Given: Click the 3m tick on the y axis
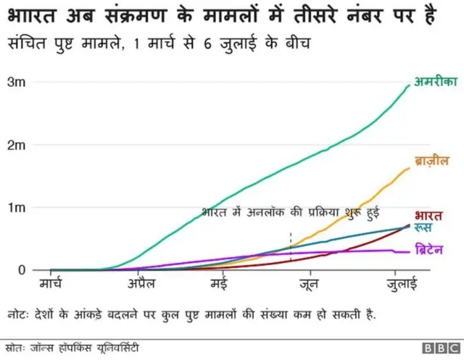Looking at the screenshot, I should (x=17, y=83).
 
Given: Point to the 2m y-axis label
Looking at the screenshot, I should (x=17, y=146).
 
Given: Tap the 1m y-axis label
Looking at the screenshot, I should (x=17, y=208).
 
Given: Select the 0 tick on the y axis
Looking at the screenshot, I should (x=21, y=270).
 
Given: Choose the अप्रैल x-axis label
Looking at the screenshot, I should (x=141, y=283).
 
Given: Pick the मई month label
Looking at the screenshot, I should (x=220, y=283).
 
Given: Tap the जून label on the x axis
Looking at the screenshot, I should (x=310, y=283).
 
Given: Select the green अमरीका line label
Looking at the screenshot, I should (x=435, y=82).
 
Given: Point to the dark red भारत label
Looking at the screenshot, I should (x=428, y=215).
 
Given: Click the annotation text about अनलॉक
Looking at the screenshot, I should (x=290, y=212).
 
